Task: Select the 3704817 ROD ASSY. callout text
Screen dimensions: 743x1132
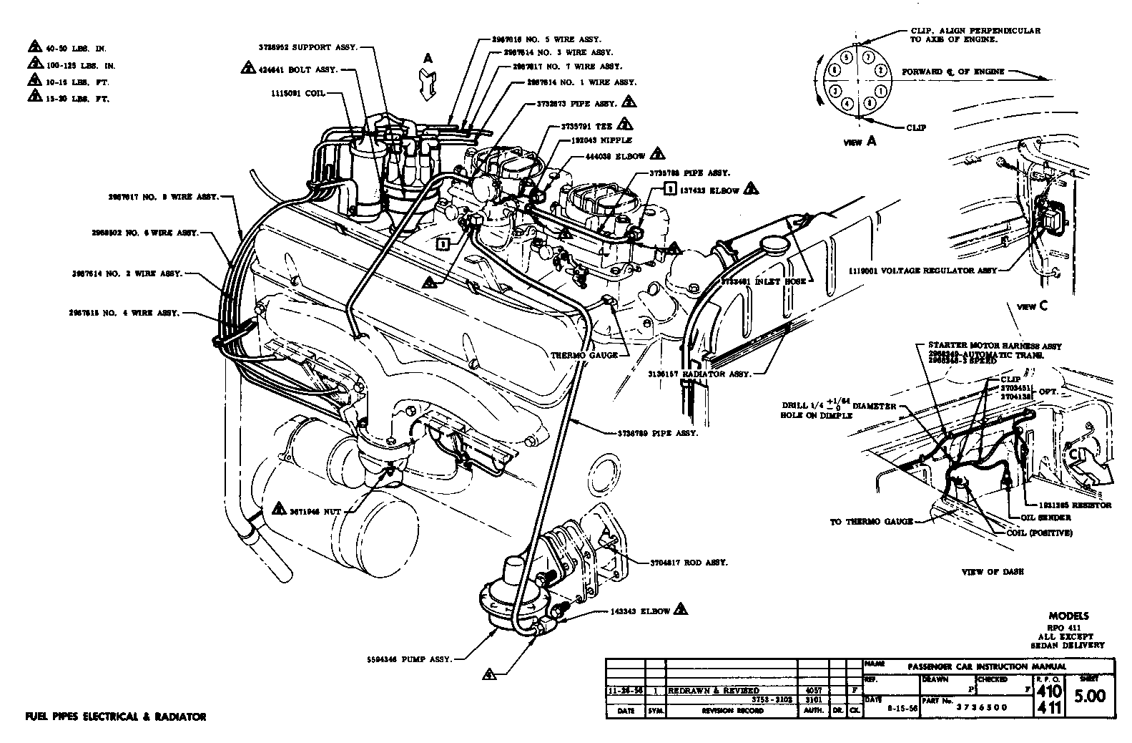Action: [689, 563]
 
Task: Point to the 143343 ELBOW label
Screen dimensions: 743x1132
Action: [640, 611]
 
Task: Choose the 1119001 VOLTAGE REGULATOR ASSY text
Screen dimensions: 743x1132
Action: [922, 271]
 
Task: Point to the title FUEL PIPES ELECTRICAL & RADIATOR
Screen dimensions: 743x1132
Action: [115, 717]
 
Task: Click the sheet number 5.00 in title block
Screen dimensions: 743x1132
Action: [1090, 695]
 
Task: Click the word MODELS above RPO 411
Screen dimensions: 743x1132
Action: [1068, 616]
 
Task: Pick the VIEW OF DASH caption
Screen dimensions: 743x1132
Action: [993, 572]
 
